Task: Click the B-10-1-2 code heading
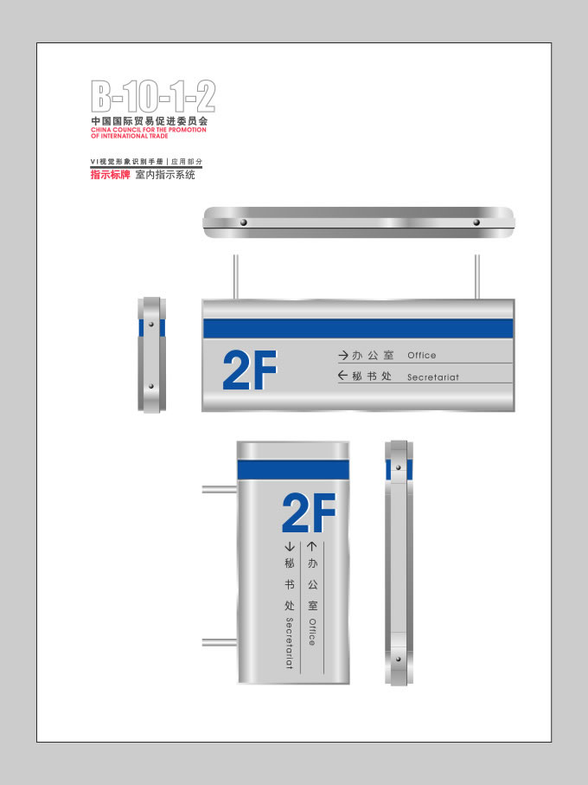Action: click(153, 96)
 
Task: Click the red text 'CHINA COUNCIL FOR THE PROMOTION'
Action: click(149, 130)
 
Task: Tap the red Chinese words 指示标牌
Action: click(110, 175)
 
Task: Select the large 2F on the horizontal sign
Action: click(250, 370)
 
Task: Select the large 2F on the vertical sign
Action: click(309, 512)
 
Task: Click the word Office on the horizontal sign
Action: click(421, 356)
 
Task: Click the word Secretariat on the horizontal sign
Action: click(433, 377)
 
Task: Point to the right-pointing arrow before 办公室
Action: click(343, 356)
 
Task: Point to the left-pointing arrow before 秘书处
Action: click(343, 376)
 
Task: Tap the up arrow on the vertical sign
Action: click(312, 546)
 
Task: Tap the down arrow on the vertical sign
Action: click(289, 547)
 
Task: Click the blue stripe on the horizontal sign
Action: click(358, 328)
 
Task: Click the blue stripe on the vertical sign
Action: click(293, 470)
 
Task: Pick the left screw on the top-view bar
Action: click(244, 222)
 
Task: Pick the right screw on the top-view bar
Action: click(476, 222)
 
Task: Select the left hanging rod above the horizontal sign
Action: click(236, 277)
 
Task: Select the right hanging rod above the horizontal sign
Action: click(477, 277)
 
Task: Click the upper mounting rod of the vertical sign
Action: click(220, 489)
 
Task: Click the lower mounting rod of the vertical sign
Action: click(220, 642)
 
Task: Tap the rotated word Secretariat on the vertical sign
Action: click(289, 643)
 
